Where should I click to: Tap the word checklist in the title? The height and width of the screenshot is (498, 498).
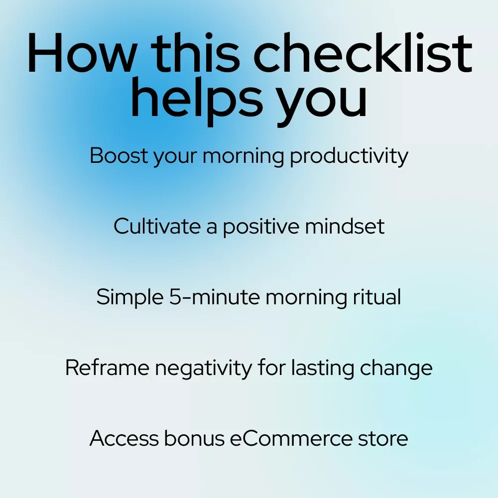point(363,52)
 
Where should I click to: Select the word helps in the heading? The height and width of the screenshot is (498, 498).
point(197,97)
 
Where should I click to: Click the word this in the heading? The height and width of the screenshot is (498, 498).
point(195,52)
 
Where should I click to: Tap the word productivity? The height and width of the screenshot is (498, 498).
point(349,156)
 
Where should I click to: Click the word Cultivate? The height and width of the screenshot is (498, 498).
point(157,226)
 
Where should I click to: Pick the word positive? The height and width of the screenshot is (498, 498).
point(261,228)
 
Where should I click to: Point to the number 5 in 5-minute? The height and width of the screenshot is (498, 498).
point(175,297)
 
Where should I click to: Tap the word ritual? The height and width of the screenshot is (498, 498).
point(377,296)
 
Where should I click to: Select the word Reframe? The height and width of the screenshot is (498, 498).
point(107,368)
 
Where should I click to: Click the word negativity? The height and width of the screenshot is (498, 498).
point(203,369)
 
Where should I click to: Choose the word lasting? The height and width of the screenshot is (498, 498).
point(322,369)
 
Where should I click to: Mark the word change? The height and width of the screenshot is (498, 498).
point(396,369)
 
